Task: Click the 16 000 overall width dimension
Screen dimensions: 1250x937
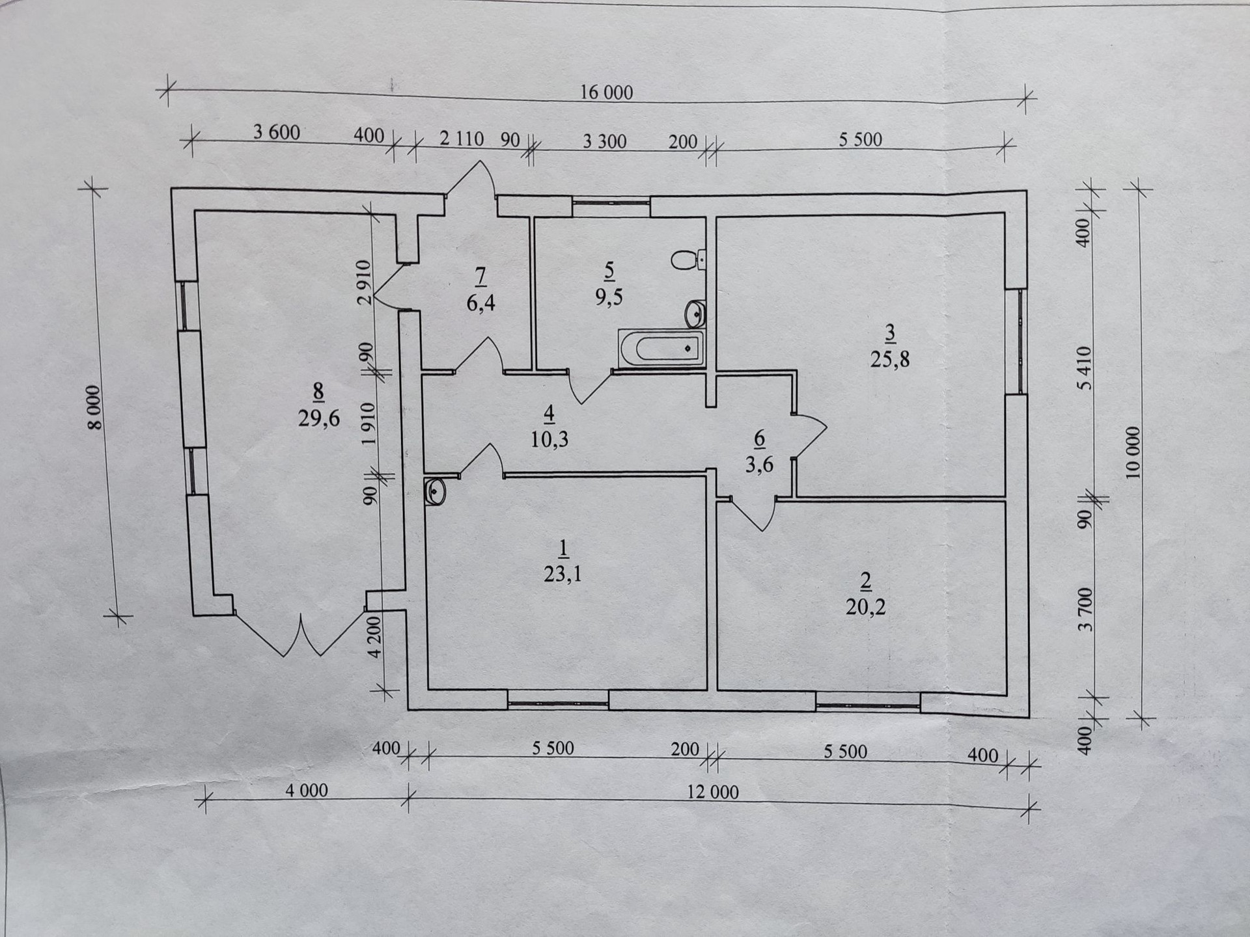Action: [x=606, y=92]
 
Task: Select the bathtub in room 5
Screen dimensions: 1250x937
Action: [x=661, y=349]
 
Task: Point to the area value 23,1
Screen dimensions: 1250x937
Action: [x=562, y=574]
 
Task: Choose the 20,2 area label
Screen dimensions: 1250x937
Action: [x=865, y=606]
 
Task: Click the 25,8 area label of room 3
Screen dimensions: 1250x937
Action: [x=890, y=359]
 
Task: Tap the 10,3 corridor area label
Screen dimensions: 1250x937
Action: [x=549, y=439]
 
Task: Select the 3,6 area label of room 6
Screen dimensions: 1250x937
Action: [x=759, y=465]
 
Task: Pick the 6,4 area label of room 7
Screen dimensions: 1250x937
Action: [x=480, y=303]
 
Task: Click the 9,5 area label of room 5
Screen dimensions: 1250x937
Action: [x=609, y=297]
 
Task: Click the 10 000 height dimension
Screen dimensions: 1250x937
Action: [x=1133, y=453]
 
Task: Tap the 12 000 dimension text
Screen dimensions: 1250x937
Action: [x=713, y=792]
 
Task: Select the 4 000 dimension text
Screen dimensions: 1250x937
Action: [x=307, y=791]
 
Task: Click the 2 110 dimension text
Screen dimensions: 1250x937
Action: [x=461, y=139]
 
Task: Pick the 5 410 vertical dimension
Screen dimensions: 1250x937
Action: [x=1084, y=368]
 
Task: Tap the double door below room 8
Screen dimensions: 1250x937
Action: [x=301, y=634]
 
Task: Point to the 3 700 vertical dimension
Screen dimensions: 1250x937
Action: [x=1085, y=609]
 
